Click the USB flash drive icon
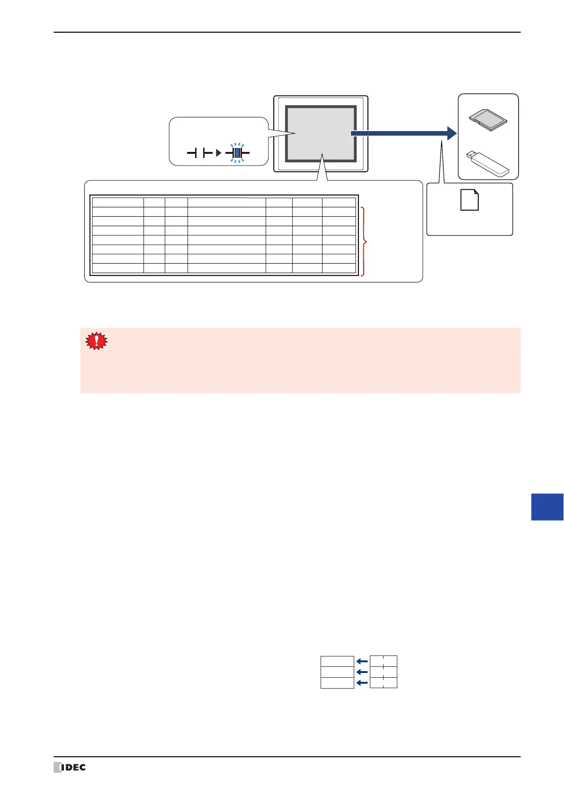point(487,161)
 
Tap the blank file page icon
point(469,200)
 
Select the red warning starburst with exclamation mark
point(96,341)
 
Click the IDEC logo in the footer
point(70,767)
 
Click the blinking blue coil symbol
point(237,153)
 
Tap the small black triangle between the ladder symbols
point(218,153)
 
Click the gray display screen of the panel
point(321,133)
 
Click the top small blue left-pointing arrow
point(362,661)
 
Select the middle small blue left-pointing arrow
point(362,672)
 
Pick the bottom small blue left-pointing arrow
point(362,682)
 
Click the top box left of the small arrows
point(337,661)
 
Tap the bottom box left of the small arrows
point(337,682)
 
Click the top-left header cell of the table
point(118,202)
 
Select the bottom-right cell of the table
point(339,268)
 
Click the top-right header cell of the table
point(339,202)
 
